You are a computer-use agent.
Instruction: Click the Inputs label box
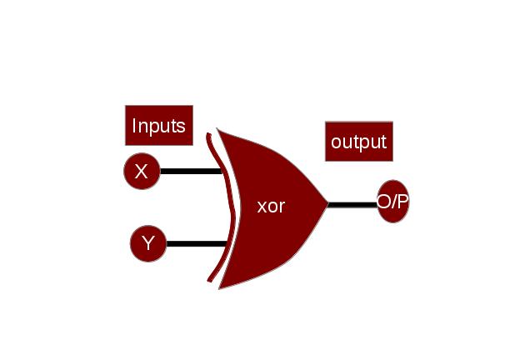pyautogui.click(x=158, y=126)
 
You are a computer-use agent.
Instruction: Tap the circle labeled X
pyautogui.click(x=142, y=172)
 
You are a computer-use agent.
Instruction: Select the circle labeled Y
pyautogui.click(x=148, y=244)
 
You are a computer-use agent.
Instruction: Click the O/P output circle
pyautogui.click(x=392, y=202)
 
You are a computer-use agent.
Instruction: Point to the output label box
pyautogui.click(x=358, y=141)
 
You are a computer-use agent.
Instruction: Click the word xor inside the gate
pyautogui.click(x=271, y=206)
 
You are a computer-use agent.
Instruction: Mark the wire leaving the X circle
pyautogui.click(x=190, y=172)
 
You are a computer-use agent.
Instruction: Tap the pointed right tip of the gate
pyautogui.click(x=327, y=203)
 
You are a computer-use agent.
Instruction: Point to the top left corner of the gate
pyautogui.click(x=218, y=130)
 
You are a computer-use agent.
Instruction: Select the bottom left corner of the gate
pyautogui.click(x=219, y=287)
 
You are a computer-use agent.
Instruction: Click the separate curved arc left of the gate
pyautogui.click(x=217, y=208)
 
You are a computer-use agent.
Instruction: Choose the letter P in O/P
pyautogui.click(x=402, y=202)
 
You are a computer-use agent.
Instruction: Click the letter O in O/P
pyautogui.click(x=383, y=202)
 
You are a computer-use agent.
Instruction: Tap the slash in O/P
pyautogui.click(x=393, y=202)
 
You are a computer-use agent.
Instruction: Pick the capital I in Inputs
pyautogui.click(x=135, y=126)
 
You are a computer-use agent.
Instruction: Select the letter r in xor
pyautogui.click(x=282, y=207)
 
